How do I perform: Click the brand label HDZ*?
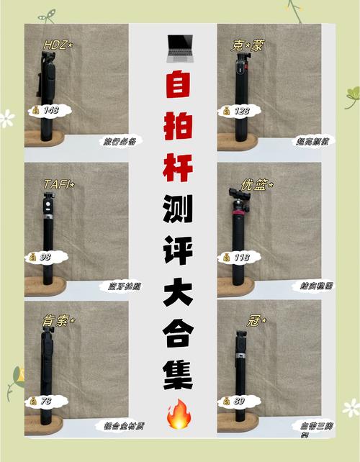(x=58, y=45)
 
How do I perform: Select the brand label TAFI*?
(x=58, y=185)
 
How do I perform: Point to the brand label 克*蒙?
(x=247, y=45)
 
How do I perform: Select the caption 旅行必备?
(x=117, y=142)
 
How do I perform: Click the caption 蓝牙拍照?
(x=117, y=286)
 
